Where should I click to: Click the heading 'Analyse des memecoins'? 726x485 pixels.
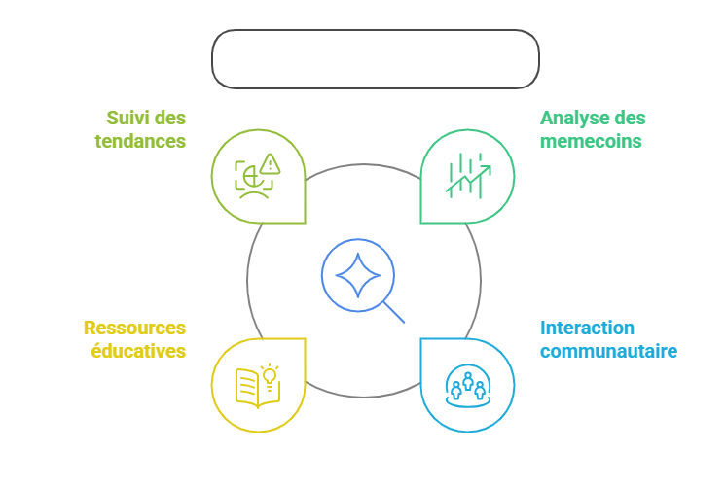[x=592, y=129]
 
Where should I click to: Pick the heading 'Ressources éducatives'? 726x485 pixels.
[x=134, y=338]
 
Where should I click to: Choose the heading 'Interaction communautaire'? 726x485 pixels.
[x=608, y=338]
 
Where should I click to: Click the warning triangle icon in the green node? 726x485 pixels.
[x=269, y=162]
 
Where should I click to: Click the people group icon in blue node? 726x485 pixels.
[x=468, y=385]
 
